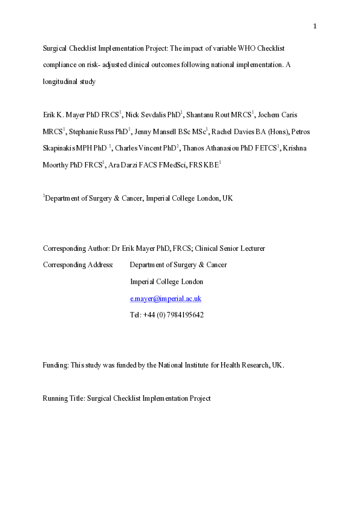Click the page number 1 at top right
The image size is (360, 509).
click(x=315, y=26)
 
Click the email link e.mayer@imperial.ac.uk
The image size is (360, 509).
click(x=165, y=299)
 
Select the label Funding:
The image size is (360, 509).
click(x=56, y=365)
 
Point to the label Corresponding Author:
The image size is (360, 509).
click(x=76, y=248)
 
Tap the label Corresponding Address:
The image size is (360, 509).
click(x=78, y=265)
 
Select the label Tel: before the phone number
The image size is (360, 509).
click(x=135, y=315)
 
